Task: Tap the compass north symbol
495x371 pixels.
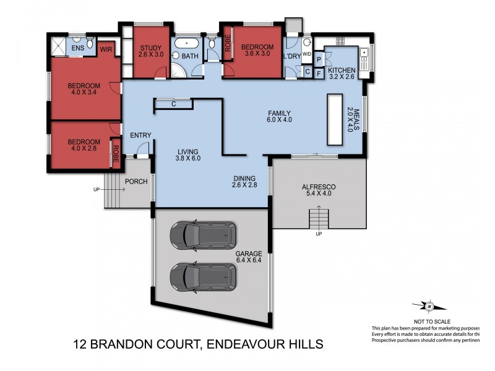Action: click(x=428, y=305)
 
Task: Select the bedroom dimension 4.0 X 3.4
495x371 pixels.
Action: click(x=85, y=93)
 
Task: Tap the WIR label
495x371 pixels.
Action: click(x=106, y=49)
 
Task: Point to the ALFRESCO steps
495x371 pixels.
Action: click(x=319, y=218)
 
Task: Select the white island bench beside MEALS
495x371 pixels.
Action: click(x=336, y=119)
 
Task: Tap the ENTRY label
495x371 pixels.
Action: click(x=140, y=135)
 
